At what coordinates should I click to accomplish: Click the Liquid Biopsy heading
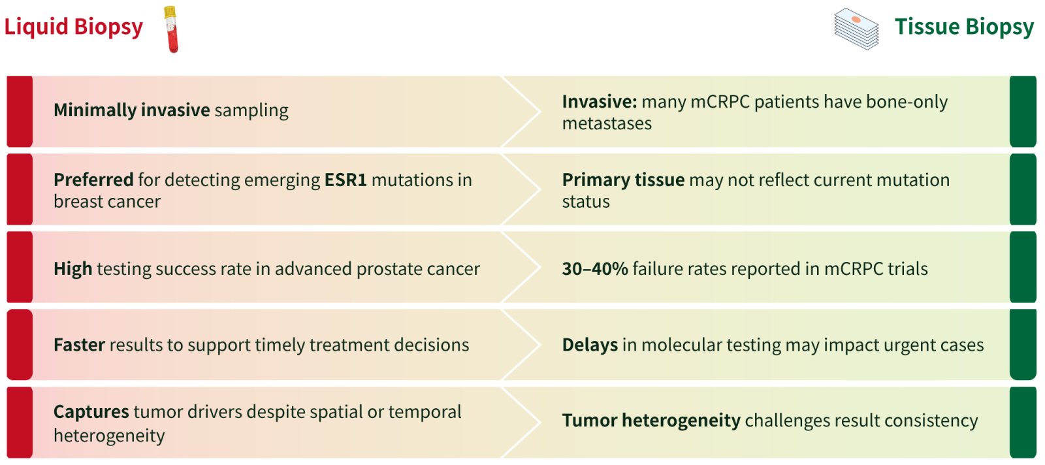coord(74,27)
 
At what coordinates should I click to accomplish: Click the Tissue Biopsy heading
coord(964,27)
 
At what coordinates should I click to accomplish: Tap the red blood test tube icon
coord(171,29)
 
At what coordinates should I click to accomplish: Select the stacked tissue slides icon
coord(856,29)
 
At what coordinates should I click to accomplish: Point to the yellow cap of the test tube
coord(170,12)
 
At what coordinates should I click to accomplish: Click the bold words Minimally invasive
coord(131,110)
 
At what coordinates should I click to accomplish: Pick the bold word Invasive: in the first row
coord(600,102)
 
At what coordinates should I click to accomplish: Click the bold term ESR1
coord(346,180)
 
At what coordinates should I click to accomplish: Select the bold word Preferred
coord(94,180)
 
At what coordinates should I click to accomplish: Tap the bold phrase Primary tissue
coord(623,180)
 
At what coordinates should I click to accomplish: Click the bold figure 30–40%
coord(595,269)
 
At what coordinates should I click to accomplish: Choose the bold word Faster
coord(79,345)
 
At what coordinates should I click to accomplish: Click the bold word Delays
coord(590,345)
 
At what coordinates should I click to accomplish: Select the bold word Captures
coord(91,412)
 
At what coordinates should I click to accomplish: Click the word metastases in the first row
coord(607,124)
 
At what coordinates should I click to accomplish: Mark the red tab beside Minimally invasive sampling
coord(20,112)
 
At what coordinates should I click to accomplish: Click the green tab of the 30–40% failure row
coord(1023,267)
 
